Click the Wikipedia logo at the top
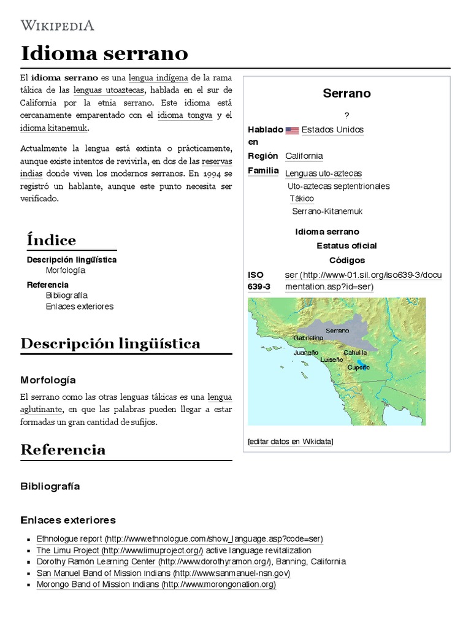(x=58, y=25)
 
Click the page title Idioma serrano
(x=104, y=53)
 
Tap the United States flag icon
(x=292, y=130)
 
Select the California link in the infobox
(x=304, y=156)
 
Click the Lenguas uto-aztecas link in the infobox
(x=323, y=174)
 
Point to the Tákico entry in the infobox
(x=302, y=199)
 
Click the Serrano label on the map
(x=337, y=331)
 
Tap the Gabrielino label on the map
(x=308, y=338)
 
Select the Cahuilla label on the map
(x=355, y=353)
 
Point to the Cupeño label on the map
(x=359, y=367)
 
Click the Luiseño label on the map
(x=332, y=359)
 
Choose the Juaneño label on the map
(x=306, y=353)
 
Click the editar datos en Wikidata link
(x=291, y=441)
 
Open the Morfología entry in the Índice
(x=66, y=270)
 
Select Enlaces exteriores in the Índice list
(x=80, y=307)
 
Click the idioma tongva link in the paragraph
(x=185, y=115)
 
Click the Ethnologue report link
(x=180, y=539)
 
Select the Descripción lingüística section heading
(x=110, y=343)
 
